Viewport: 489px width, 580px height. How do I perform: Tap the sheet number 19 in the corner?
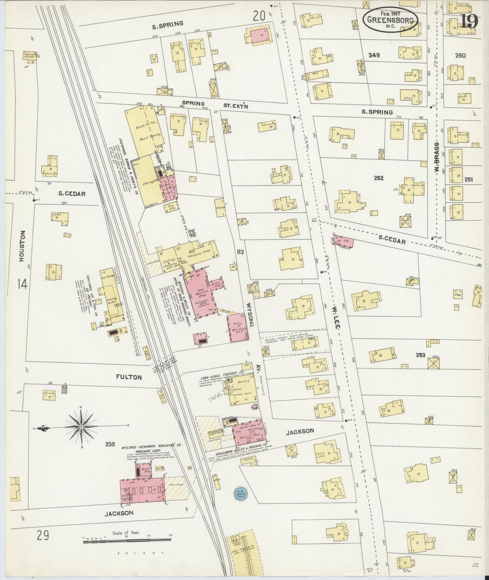[469, 22]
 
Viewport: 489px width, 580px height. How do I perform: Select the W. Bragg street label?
[437, 157]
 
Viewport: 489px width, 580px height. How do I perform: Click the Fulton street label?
[129, 377]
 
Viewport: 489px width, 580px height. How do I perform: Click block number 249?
[375, 55]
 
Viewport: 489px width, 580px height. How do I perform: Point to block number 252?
[378, 178]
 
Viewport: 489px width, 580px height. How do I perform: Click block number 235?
[110, 444]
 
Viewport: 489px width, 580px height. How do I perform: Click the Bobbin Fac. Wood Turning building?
[144, 130]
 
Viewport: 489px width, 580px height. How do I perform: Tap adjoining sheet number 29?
[43, 536]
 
